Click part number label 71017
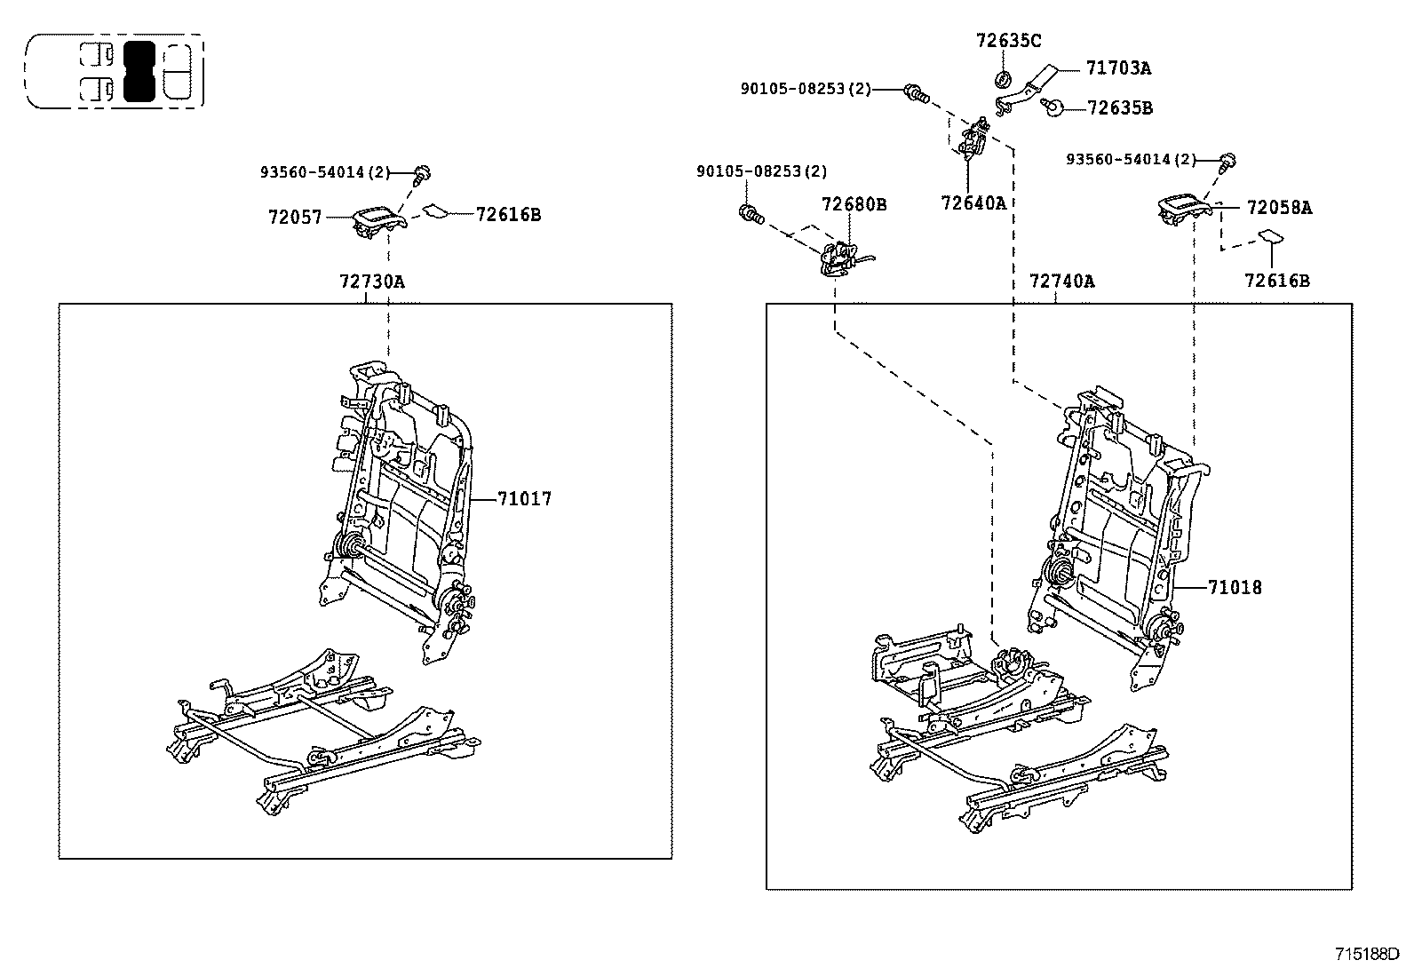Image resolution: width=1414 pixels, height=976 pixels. [524, 499]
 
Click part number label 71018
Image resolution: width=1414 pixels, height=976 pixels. [1234, 587]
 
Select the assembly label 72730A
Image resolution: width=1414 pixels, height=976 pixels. [371, 282]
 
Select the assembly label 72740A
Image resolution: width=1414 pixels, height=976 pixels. [1061, 282]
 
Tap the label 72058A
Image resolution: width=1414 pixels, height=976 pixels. [1279, 208]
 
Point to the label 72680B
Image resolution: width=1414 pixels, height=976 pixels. [854, 204]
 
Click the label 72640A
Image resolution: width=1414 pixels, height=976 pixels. [973, 202]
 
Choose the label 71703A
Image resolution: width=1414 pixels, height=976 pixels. [1118, 67]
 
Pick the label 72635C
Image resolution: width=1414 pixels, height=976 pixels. [1008, 40]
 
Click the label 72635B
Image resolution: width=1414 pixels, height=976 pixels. [1120, 107]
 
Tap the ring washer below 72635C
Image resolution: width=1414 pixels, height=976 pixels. [1004, 79]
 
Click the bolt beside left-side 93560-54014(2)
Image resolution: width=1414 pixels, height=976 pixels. [424, 171]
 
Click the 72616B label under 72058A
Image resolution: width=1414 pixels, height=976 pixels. [1276, 281]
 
